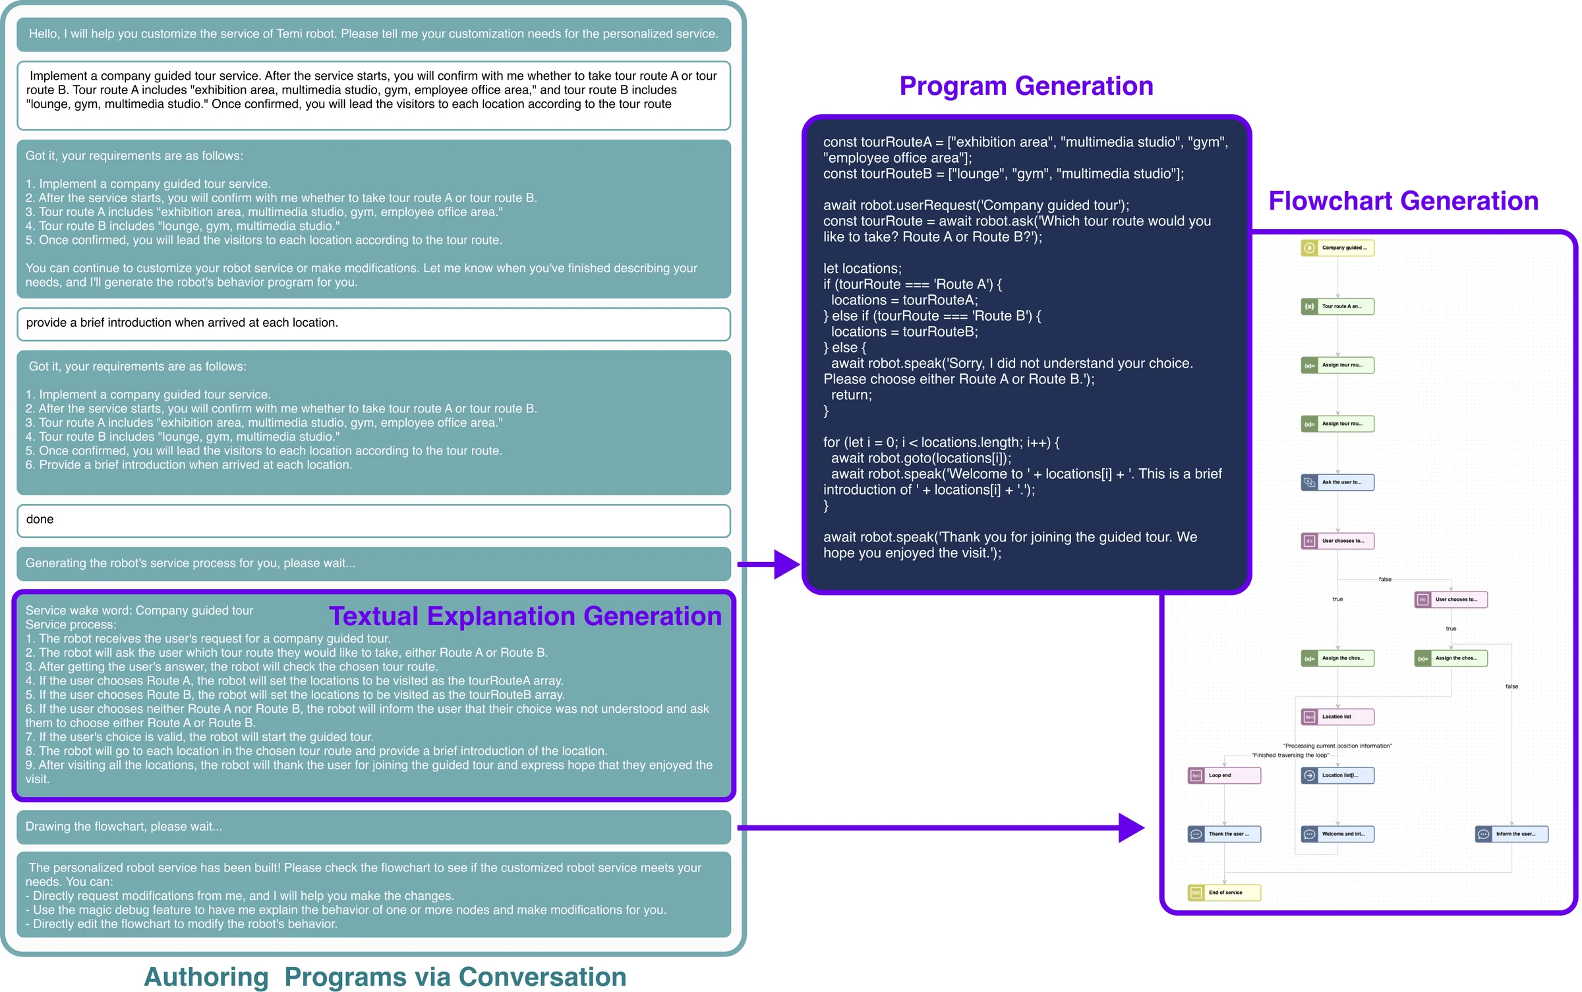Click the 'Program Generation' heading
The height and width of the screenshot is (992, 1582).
[1026, 86]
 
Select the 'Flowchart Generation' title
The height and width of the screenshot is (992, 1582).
[1403, 201]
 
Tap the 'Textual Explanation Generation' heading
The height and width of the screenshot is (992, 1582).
[525, 616]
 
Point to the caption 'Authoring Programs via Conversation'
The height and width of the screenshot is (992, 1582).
[385, 976]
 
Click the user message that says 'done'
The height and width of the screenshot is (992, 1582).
[373, 520]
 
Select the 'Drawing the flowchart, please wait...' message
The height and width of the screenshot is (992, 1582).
[373, 827]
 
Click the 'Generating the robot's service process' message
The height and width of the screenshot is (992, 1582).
[373, 563]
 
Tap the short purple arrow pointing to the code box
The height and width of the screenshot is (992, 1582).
[768, 565]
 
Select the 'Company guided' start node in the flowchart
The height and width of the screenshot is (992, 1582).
[1337, 248]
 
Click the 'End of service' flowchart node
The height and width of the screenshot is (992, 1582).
[1224, 893]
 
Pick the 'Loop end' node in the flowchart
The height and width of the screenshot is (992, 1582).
[1224, 775]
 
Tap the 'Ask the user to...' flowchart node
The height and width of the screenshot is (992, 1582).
[1337, 482]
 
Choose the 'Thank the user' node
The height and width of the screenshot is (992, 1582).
[1224, 834]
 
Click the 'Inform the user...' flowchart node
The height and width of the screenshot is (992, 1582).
[1511, 834]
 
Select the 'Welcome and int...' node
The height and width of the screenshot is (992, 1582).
[1337, 834]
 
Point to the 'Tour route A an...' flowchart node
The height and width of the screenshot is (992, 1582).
[1337, 306]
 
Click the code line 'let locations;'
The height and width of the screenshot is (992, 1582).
[862, 269]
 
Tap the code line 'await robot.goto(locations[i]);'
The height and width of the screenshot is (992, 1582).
[920, 458]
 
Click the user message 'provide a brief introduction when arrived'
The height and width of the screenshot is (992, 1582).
[373, 323]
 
